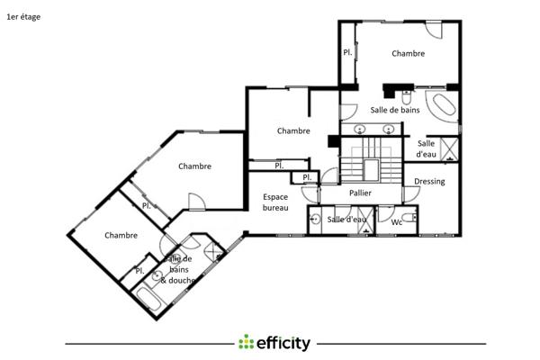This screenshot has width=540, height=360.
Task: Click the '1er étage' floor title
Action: click(22, 16)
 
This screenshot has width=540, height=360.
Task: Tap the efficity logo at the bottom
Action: click(274, 343)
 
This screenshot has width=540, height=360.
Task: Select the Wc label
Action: click(396, 221)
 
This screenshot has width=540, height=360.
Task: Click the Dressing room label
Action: click(429, 181)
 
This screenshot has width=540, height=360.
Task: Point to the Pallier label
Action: click(359, 193)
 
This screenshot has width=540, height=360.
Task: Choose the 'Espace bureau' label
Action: click(275, 202)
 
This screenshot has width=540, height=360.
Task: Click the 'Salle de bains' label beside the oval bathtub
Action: click(395, 110)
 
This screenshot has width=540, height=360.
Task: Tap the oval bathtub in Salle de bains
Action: click(441, 105)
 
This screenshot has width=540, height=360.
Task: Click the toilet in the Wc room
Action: click(409, 218)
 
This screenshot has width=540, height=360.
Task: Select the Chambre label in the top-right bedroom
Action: click(408, 54)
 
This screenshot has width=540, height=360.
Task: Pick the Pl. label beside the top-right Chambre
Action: click(347, 53)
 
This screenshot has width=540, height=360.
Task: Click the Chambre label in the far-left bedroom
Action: click(121, 236)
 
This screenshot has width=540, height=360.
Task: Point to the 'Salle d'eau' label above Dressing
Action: click(426, 148)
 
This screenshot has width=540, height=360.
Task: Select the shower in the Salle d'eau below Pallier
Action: click(366, 221)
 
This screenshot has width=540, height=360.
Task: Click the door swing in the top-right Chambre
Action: click(434, 29)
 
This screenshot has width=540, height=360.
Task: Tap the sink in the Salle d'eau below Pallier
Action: click(316, 219)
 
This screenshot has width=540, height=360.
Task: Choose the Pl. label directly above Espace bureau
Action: click(279, 166)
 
